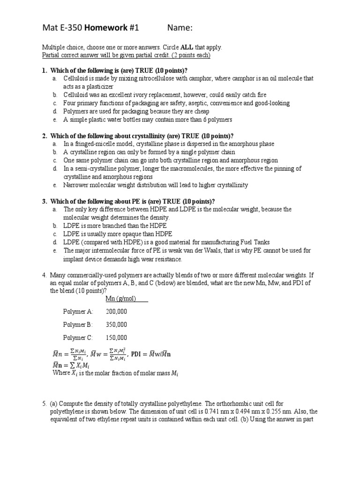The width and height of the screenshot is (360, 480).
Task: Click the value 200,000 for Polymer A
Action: [x=117, y=311]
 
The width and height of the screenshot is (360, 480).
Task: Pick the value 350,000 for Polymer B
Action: [x=117, y=324]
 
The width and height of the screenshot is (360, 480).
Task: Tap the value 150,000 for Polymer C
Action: [x=117, y=337]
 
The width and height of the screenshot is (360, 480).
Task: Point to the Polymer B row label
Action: [x=78, y=324]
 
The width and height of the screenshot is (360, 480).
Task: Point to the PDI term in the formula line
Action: [x=136, y=354]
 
